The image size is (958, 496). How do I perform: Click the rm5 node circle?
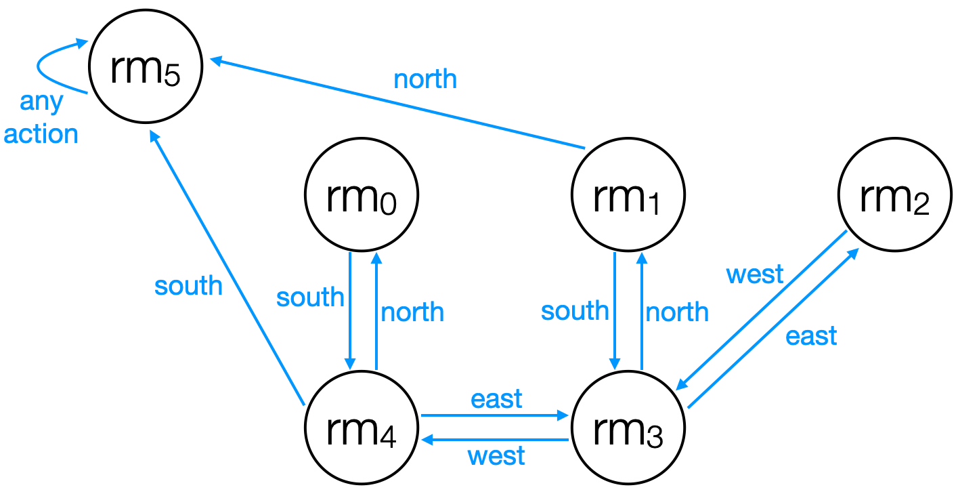click(x=146, y=69)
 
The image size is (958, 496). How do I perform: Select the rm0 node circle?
click(x=362, y=196)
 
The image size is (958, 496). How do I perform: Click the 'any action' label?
click(x=41, y=118)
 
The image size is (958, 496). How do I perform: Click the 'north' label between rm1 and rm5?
click(x=425, y=80)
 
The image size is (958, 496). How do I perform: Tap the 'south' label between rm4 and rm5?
click(x=188, y=285)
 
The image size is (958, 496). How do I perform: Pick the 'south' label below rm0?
click(x=310, y=297)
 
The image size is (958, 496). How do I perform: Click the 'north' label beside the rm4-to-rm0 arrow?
click(x=412, y=312)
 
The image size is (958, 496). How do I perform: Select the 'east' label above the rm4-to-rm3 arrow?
click(x=496, y=399)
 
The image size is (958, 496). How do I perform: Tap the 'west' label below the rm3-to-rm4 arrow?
click(x=496, y=455)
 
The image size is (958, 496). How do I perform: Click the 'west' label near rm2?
click(x=754, y=275)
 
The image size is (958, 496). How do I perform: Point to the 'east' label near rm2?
click(x=811, y=335)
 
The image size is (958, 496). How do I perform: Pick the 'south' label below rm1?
click(x=575, y=311)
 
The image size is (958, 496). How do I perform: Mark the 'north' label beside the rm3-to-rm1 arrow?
click(x=677, y=312)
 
